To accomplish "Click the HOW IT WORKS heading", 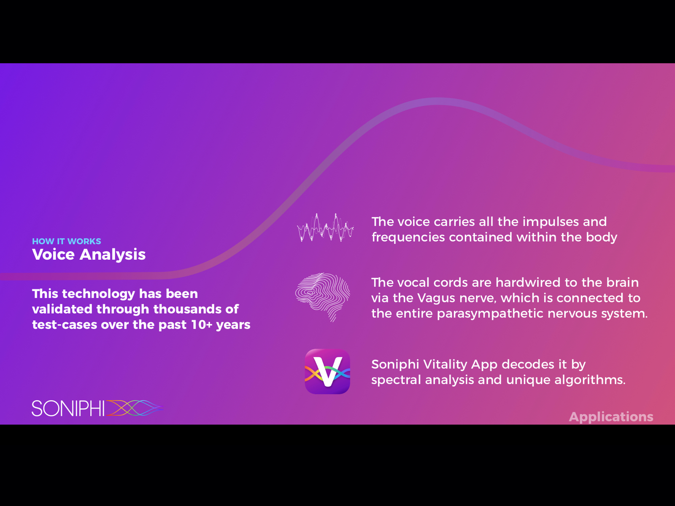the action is [x=66, y=241].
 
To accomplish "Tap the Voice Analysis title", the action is [x=89, y=254].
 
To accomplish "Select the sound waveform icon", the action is [x=325, y=228].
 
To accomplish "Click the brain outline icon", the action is [x=323, y=297].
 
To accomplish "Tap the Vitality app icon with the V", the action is [x=327, y=371].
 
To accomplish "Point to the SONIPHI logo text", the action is [x=68, y=408].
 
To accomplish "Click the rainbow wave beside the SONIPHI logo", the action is [x=135, y=408].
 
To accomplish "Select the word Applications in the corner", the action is [x=611, y=417].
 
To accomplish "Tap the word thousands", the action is [x=187, y=309].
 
